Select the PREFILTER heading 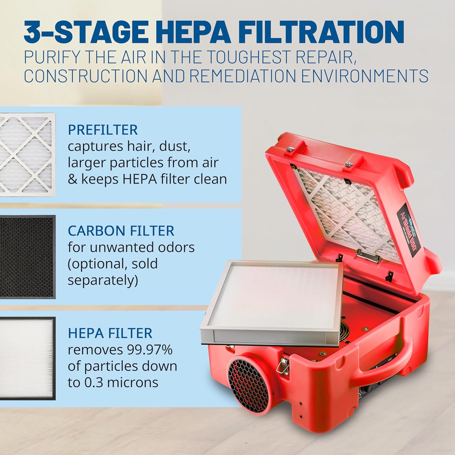(103, 130)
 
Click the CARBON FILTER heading (121, 231)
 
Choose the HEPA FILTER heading (110, 333)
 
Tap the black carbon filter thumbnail (27, 257)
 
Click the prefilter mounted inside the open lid (343, 206)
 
